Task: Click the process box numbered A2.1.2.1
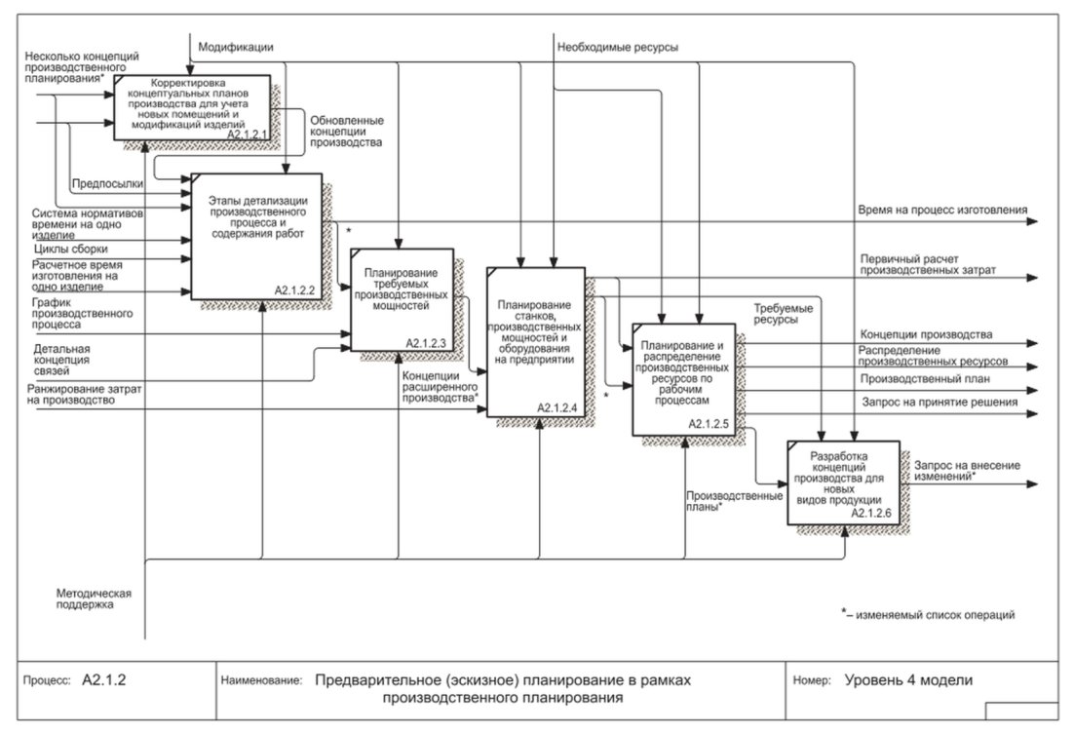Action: pos(192,107)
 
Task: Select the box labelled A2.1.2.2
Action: pos(257,236)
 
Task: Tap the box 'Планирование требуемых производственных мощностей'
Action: pos(403,300)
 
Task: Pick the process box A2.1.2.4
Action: pos(536,342)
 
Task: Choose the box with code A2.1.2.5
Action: pos(684,379)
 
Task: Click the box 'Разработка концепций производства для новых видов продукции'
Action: pos(844,482)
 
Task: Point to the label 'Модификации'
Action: pos(236,47)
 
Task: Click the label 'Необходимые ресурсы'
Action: pos(618,47)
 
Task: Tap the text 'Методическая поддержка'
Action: pos(94,599)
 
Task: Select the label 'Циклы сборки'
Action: pos(70,250)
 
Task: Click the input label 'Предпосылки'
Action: pos(107,183)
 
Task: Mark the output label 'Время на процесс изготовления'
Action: pos(942,211)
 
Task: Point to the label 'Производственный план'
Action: pos(925,378)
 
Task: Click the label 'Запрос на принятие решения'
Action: pos(940,402)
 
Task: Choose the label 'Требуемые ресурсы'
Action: pos(784,314)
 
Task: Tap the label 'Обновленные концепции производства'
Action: pos(347,132)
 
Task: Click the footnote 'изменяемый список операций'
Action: pos(935,615)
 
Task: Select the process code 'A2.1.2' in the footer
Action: pos(104,680)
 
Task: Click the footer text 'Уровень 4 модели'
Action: pos(908,680)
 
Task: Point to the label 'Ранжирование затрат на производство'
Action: pos(84,395)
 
